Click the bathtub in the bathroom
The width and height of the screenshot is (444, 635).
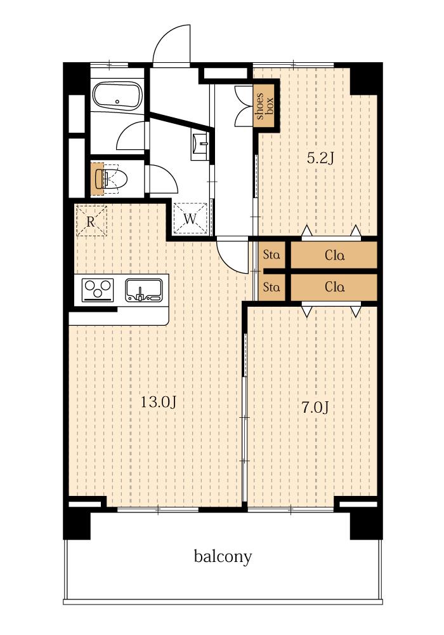click(x=117, y=96)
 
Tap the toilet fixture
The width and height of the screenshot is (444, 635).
click(x=111, y=178)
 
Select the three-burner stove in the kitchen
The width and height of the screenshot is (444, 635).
click(x=98, y=290)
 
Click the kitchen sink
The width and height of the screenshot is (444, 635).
click(x=143, y=290)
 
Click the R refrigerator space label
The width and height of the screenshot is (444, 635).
click(x=91, y=221)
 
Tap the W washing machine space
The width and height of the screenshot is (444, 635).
click(x=190, y=218)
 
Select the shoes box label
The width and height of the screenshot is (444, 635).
click(x=264, y=106)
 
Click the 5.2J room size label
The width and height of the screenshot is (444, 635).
click(x=320, y=158)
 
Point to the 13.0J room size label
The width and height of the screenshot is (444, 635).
click(x=158, y=402)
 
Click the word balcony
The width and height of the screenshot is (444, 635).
click(x=223, y=556)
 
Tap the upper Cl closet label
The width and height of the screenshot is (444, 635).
click(x=335, y=255)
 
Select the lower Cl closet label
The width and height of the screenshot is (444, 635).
click(x=335, y=287)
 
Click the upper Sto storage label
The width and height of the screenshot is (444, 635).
click(x=271, y=255)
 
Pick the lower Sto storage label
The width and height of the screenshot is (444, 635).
click(x=271, y=287)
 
